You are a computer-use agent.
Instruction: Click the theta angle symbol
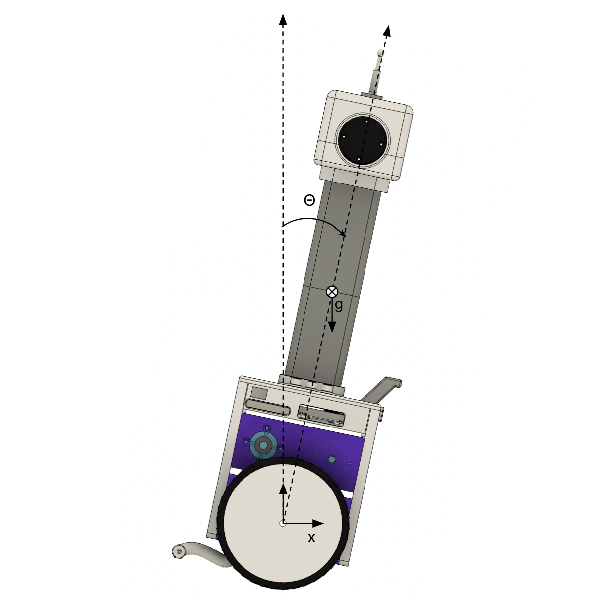pyautogui.click(x=309, y=200)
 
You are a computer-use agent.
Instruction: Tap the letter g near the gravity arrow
pyautogui.click(x=339, y=305)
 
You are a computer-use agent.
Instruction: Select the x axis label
pyautogui.click(x=311, y=538)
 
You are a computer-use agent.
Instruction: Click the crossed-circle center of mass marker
pyautogui.click(x=332, y=292)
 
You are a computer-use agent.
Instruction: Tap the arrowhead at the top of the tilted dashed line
pyautogui.click(x=388, y=31)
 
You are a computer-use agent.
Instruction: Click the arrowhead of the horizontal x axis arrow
pyautogui.click(x=317, y=524)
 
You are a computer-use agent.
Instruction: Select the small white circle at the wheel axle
pyautogui.click(x=283, y=524)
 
